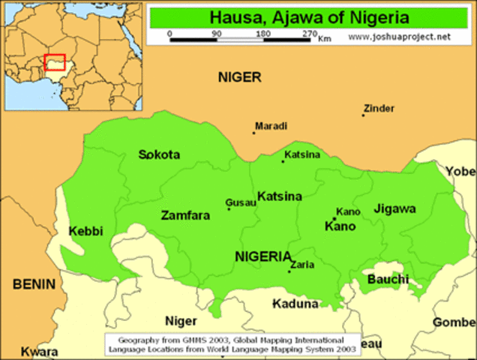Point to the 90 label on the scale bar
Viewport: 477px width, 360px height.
pyautogui.click(x=217, y=34)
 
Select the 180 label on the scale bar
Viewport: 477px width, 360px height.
pyautogui.click(x=262, y=34)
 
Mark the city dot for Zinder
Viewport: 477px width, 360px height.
pyautogui.click(x=363, y=115)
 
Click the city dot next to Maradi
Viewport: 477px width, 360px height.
pyautogui.click(x=253, y=133)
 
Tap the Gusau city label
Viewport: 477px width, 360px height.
pyautogui.click(x=239, y=202)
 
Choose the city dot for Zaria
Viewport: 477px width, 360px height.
pyautogui.click(x=289, y=271)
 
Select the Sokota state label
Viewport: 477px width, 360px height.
pyautogui.click(x=159, y=155)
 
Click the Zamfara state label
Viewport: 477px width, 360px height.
pyautogui.click(x=185, y=215)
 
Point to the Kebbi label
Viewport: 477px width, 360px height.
pyautogui.click(x=85, y=231)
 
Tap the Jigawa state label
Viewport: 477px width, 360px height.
pyautogui.click(x=394, y=209)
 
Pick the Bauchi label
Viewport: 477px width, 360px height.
pyautogui.click(x=388, y=279)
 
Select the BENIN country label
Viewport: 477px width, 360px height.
pyautogui.click(x=34, y=284)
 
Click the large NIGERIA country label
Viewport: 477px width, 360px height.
pyautogui.click(x=263, y=256)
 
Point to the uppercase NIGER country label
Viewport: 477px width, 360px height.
pyautogui.click(x=240, y=77)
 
